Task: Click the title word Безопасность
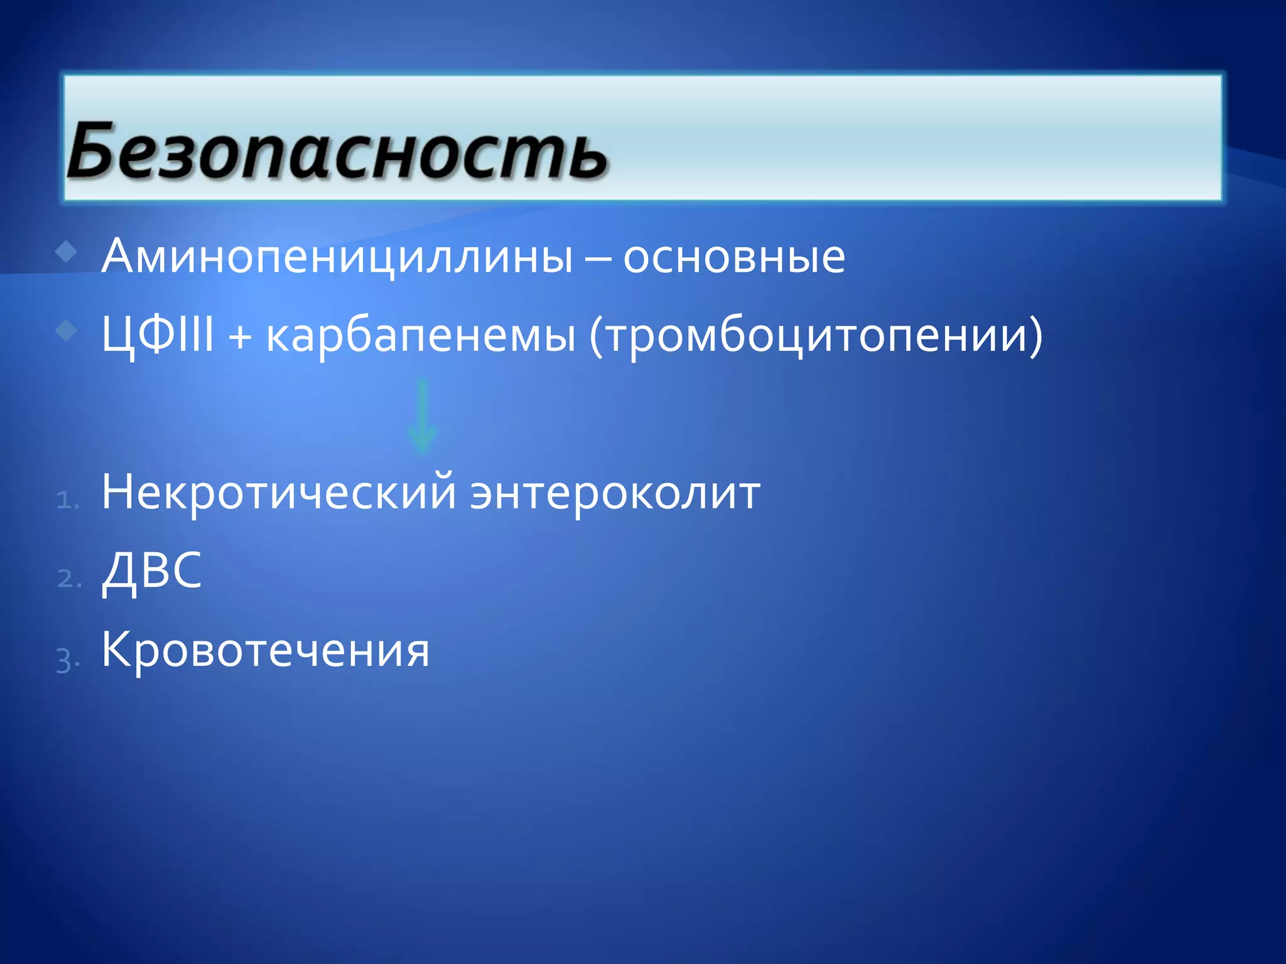tap(338, 151)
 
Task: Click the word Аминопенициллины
tap(338, 257)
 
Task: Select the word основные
tap(733, 257)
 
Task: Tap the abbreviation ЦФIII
tap(158, 335)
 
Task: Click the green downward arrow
tap(422, 415)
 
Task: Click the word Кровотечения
tap(266, 650)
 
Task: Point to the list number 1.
tap(67, 500)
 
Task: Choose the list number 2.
tap(68, 579)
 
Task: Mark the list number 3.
tap(67, 660)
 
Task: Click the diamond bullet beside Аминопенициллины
tap(66, 252)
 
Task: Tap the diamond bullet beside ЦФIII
tap(66, 330)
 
